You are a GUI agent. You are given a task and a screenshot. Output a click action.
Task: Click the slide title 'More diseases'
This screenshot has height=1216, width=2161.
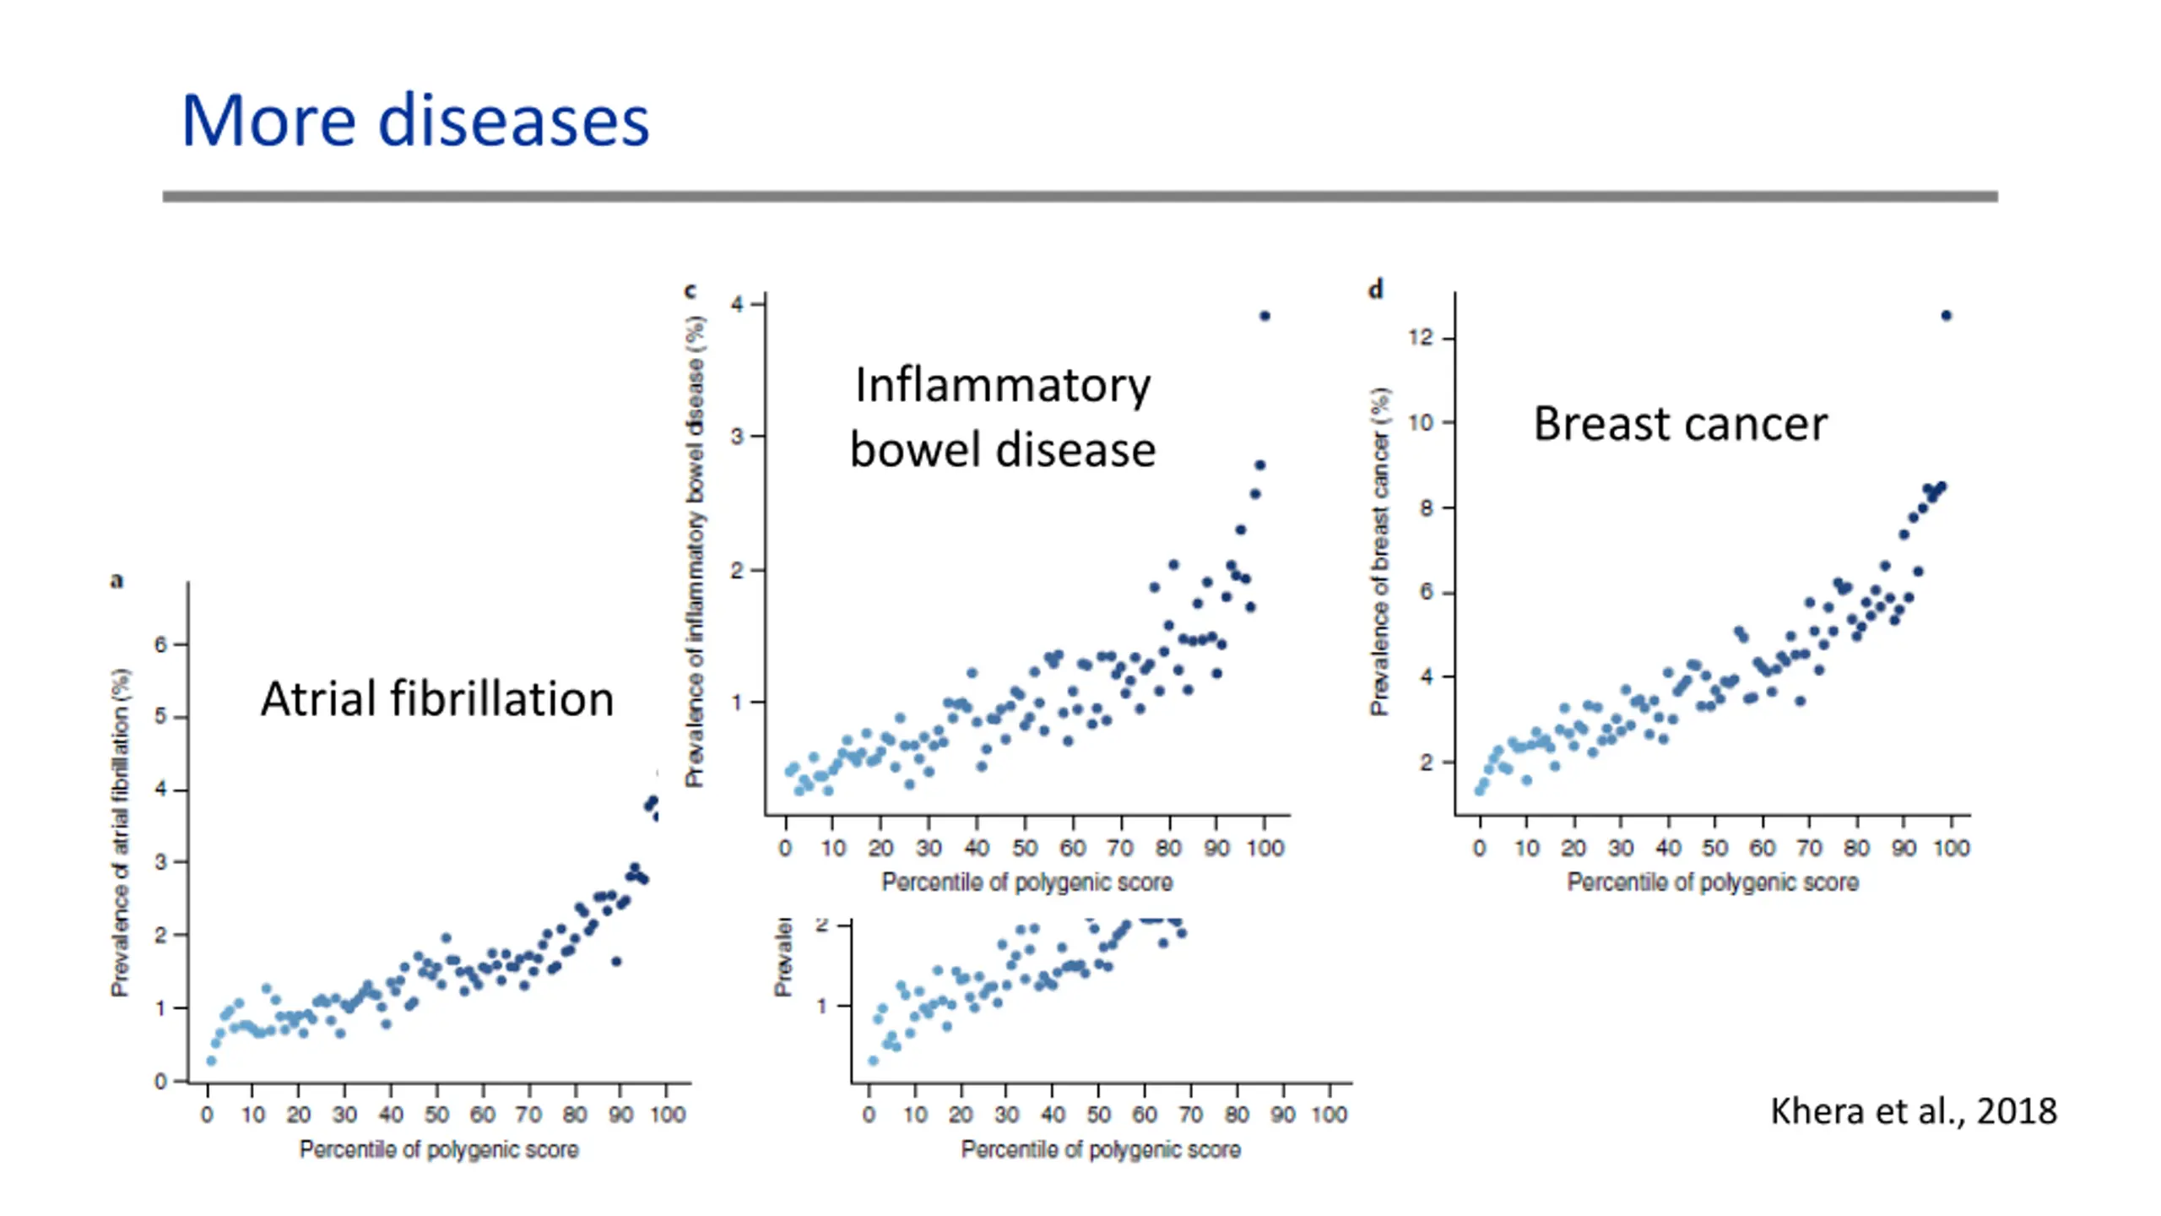pos(415,121)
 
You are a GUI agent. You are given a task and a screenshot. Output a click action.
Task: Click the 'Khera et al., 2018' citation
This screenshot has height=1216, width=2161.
pos(1913,1111)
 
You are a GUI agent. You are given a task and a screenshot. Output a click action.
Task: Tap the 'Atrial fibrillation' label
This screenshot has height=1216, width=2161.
pos(437,699)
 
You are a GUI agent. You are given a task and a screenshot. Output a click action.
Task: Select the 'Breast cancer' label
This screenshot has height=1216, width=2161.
pos(1680,424)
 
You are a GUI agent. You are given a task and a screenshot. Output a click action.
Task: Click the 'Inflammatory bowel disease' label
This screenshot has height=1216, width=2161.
pos(1003,417)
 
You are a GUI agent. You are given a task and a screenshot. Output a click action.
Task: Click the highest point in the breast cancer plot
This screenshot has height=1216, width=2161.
pos(1947,316)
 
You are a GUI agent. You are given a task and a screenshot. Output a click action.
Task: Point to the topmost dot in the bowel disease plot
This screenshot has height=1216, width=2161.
pos(1265,316)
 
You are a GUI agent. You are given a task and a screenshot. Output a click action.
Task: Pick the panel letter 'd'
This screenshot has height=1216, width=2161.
pos(1376,290)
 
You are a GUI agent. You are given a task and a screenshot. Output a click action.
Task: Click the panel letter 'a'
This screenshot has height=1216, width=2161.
pos(116,581)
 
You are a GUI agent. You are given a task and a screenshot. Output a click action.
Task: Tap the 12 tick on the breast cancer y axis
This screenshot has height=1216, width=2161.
pos(1422,338)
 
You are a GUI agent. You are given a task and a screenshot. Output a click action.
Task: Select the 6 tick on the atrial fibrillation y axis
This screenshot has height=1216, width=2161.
pos(160,645)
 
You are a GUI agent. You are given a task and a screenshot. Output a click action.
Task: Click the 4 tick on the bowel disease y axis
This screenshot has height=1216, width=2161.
pos(738,304)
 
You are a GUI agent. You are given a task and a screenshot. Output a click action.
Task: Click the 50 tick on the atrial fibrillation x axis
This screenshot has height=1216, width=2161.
pos(436,1115)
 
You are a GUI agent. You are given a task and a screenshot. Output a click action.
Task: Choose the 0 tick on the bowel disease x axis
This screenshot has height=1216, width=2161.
pos(785,848)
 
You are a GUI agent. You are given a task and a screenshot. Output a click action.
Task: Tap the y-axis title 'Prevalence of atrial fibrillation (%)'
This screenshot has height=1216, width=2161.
pos(121,833)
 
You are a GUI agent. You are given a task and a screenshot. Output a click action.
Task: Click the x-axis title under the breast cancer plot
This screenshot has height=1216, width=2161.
pos(1713,882)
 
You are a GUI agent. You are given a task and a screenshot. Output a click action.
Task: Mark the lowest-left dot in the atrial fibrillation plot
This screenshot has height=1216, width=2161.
pos(211,1061)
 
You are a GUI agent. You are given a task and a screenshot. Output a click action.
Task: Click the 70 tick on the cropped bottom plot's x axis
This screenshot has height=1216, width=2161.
pos(1190,1115)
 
